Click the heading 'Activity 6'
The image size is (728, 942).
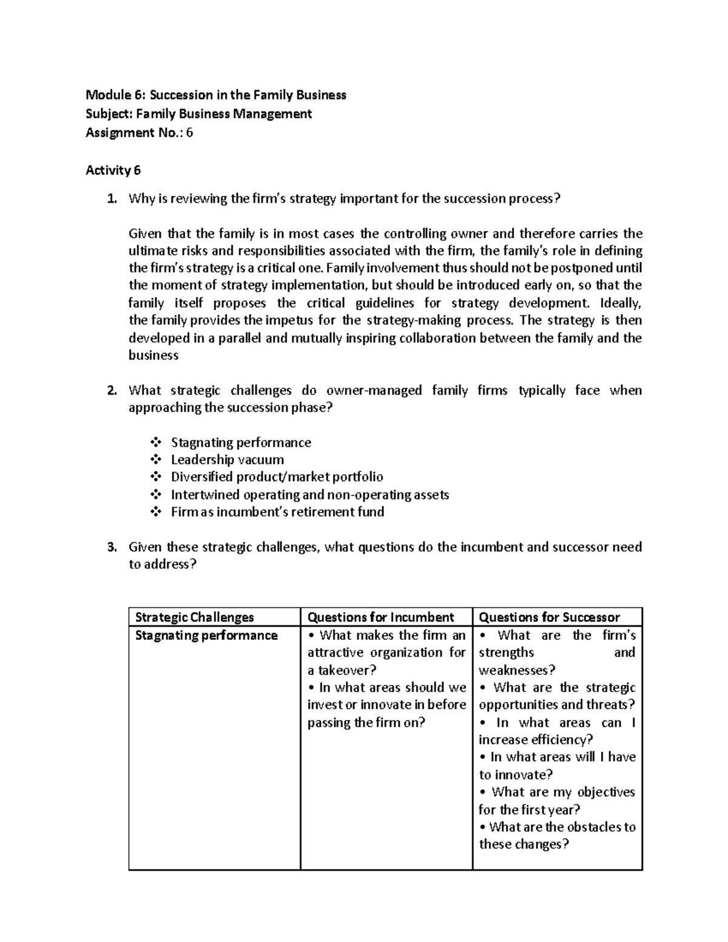click(x=113, y=170)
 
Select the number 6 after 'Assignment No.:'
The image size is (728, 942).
click(x=189, y=133)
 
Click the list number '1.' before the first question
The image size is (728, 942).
click(x=111, y=199)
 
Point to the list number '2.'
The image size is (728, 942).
click(x=111, y=391)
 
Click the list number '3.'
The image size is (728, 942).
click(x=111, y=547)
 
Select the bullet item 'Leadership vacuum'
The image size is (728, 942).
click(x=227, y=460)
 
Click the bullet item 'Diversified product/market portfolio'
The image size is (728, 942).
click(x=277, y=477)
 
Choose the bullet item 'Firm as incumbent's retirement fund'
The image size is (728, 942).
click(x=277, y=512)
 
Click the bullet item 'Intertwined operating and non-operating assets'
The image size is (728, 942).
click(x=309, y=495)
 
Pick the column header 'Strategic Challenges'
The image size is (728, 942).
click(x=194, y=617)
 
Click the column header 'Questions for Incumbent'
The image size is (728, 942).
click(x=380, y=617)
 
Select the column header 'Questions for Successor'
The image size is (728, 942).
click(x=549, y=617)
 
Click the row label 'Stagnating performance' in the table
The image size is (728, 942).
click(x=206, y=636)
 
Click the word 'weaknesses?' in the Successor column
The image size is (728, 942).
click(x=517, y=670)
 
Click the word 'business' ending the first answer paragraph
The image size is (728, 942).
click(x=153, y=356)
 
